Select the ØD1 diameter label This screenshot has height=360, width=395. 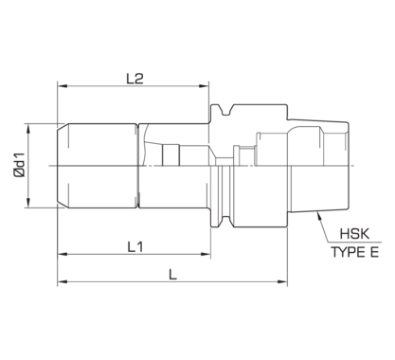[x=20, y=167]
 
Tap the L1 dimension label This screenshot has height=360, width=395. [x=134, y=244]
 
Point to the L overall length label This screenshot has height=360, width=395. [x=171, y=273]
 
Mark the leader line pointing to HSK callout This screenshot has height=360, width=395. [x=320, y=226]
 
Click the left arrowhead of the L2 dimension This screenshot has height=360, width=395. [x=63, y=83]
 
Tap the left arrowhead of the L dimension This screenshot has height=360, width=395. [x=63, y=282]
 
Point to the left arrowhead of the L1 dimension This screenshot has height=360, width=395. [x=63, y=254]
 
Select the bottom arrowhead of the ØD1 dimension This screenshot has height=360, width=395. [x=32, y=205]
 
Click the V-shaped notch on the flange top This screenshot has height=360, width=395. [x=224, y=114]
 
